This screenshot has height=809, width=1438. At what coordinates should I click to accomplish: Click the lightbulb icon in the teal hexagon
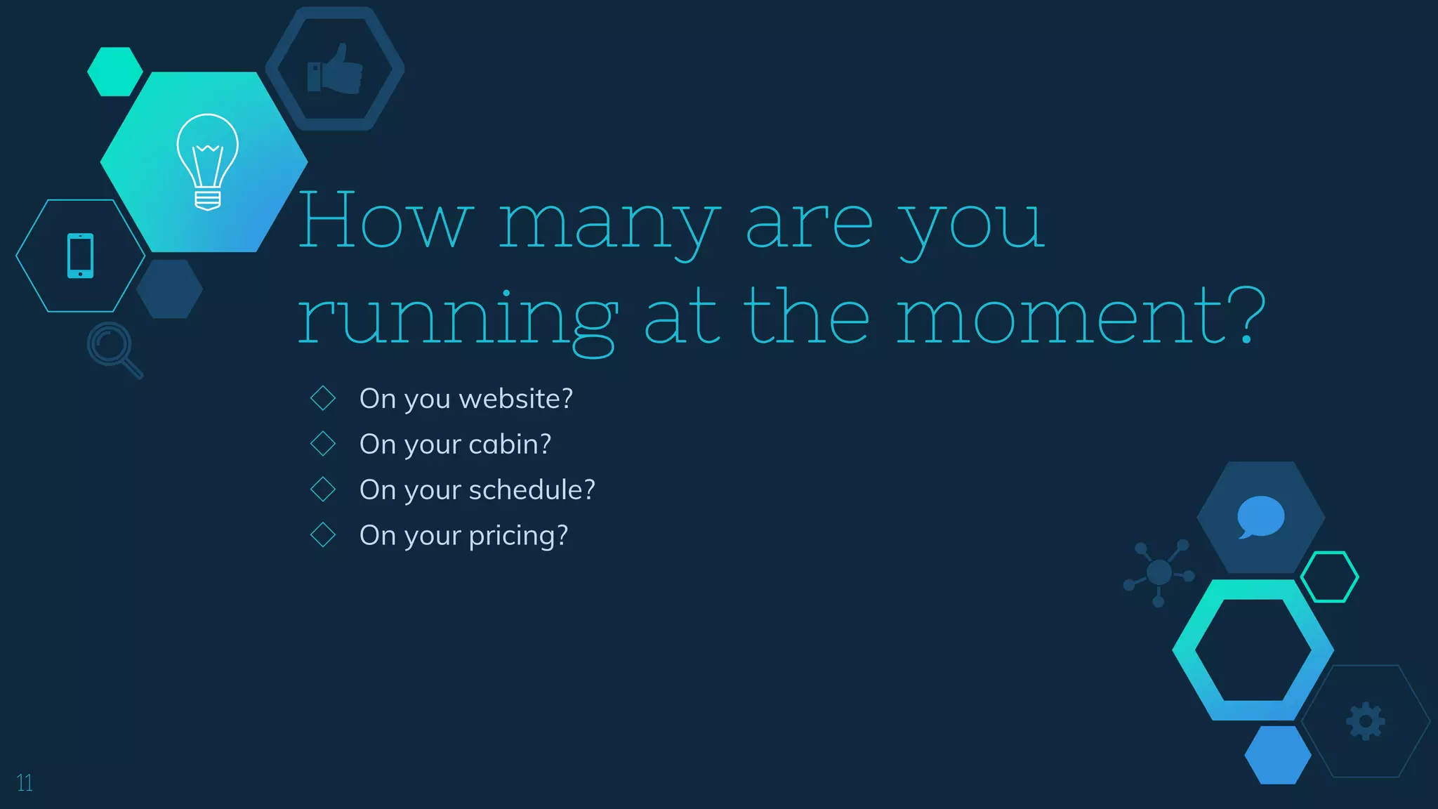(207, 162)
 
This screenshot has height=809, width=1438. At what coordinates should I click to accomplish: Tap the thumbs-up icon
(335, 69)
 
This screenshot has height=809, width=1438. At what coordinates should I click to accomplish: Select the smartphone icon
(80, 256)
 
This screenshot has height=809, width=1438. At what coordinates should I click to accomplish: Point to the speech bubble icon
(1260, 517)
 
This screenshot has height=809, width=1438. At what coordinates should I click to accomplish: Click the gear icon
(1365, 721)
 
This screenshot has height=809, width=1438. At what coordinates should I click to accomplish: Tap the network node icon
(1159, 572)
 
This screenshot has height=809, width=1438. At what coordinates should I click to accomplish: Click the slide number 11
(25, 783)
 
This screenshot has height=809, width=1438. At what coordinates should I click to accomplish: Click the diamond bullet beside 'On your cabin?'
(323, 444)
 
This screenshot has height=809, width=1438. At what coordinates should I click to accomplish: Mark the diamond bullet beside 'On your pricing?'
(323, 535)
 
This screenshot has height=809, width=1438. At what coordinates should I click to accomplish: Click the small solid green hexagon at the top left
(114, 72)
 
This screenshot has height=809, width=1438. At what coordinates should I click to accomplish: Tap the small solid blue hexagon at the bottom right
(1277, 755)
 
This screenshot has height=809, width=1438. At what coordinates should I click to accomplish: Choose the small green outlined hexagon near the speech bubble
(1329, 577)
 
